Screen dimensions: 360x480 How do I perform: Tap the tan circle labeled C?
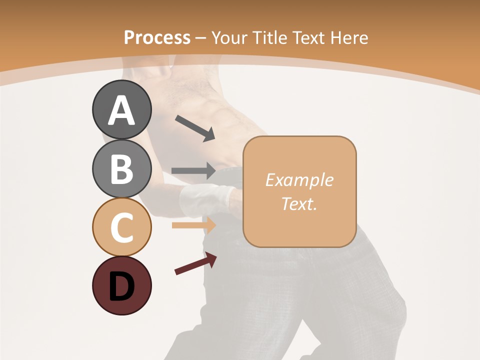tap(122, 227)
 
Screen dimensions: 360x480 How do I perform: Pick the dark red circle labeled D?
tap(122, 285)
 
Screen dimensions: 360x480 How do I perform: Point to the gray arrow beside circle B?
tap(193, 171)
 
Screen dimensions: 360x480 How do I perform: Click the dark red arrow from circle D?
tap(195, 263)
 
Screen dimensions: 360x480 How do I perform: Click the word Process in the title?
tap(157, 38)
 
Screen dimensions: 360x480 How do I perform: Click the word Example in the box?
tap(299, 180)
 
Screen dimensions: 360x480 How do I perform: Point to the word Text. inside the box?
tap(299, 204)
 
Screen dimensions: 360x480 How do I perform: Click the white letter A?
tap(122, 110)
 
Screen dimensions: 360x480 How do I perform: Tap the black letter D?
tap(122, 287)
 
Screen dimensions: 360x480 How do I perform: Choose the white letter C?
tap(122, 228)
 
